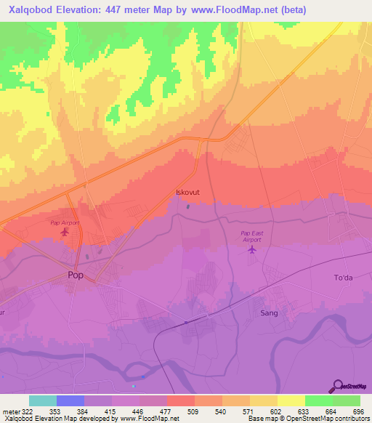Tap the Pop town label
[x=76, y=275]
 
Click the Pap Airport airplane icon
[x=66, y=233]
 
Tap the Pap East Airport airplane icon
[x=252, y=250]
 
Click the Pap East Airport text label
[x=251, y=235]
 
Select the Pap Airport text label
[x=64, y=222]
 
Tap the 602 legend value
[x=275, y=411]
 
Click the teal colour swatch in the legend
[x=43, y=400]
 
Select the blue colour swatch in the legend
[x=70, y=400]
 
